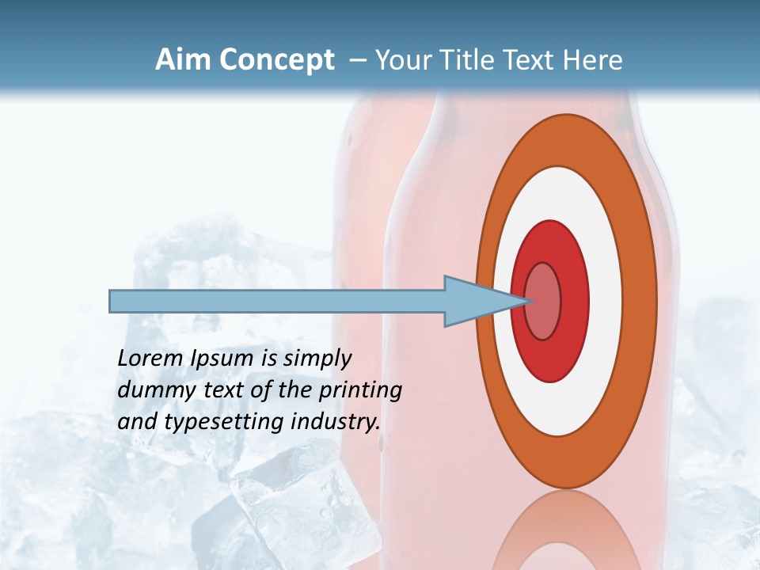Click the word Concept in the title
point(276,60)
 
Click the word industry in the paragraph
point(336,421)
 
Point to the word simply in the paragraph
point(317,359)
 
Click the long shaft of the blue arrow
point(277,301)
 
